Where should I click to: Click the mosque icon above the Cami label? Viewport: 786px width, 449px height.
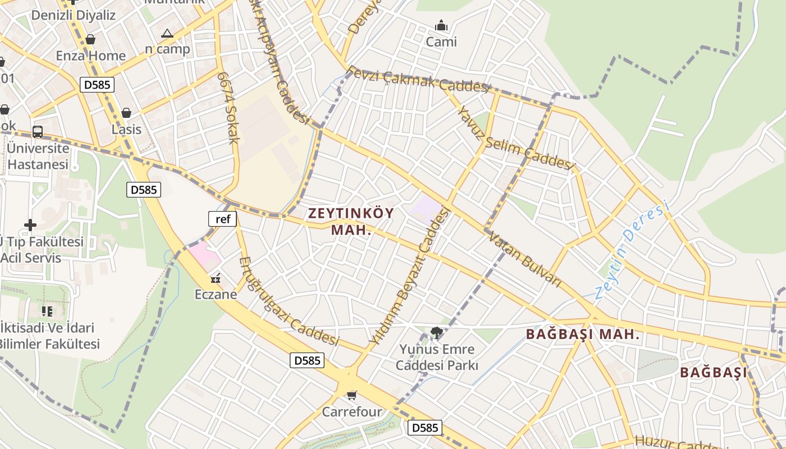tap(441, 26)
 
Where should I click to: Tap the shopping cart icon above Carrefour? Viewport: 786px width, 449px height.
tap(351, 396)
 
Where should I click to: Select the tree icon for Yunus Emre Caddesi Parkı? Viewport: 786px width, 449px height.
tap(436, 332)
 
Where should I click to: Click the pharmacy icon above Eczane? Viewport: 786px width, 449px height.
tap(216, 278)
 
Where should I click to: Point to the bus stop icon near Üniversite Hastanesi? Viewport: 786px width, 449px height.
tap(38, 132)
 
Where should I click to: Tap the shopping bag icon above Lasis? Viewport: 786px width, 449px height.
tap(126, 113)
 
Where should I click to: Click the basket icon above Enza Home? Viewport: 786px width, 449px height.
tap(90, 39)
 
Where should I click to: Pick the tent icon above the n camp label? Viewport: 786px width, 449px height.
tap(167, 34)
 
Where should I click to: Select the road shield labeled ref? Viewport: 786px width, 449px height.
tap(223, 219)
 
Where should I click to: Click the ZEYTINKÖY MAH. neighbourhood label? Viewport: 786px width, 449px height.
tap(351, 221)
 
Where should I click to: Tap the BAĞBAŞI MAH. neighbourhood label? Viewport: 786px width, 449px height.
tap(583, 335)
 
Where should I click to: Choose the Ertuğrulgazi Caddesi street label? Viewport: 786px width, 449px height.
tap(289, 301)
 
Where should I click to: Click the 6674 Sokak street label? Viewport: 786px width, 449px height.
tap(229, 107)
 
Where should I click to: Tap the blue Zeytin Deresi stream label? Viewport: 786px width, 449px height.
tap(632, 250)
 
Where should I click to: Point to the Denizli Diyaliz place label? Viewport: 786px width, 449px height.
tap(73, 15)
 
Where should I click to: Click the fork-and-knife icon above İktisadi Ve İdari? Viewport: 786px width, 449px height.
tap(47, 310)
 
